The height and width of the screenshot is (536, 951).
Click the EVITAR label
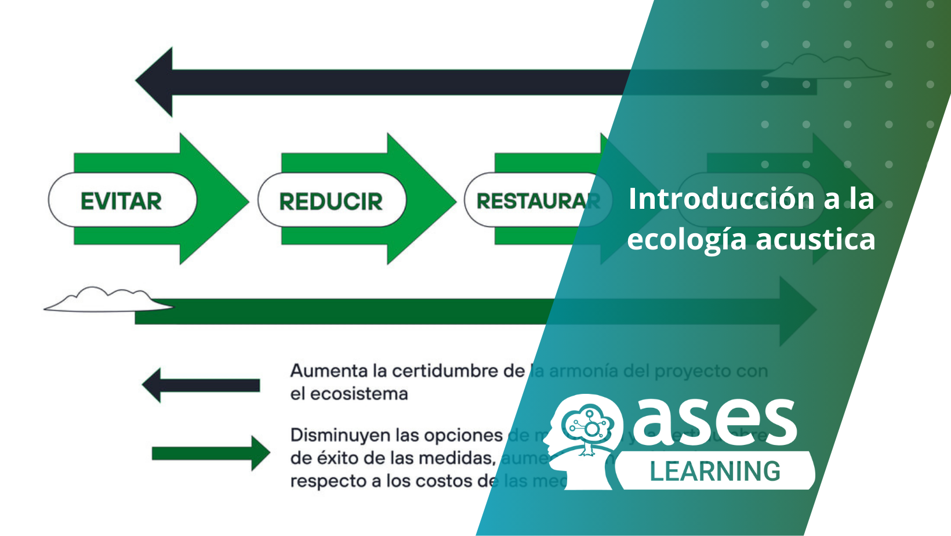coord(121,201)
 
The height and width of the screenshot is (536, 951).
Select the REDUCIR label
coord(331,202)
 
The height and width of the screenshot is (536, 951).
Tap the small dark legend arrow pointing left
coord(200,385)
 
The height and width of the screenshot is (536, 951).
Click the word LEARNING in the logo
coord(715,471)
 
